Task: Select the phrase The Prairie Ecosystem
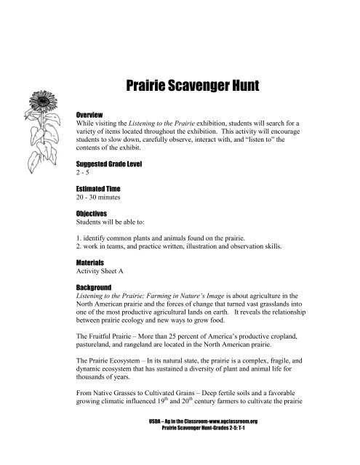click(112, 377)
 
